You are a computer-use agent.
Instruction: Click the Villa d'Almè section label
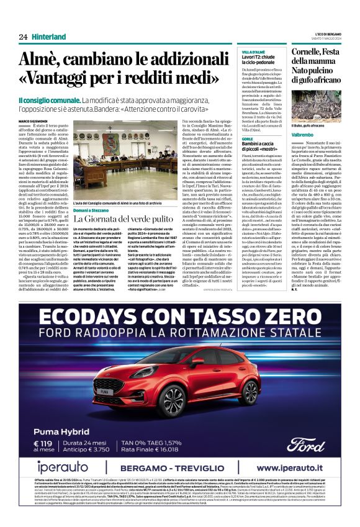[x=253, y=51]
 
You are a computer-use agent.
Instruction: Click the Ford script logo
[x=305, y=426]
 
